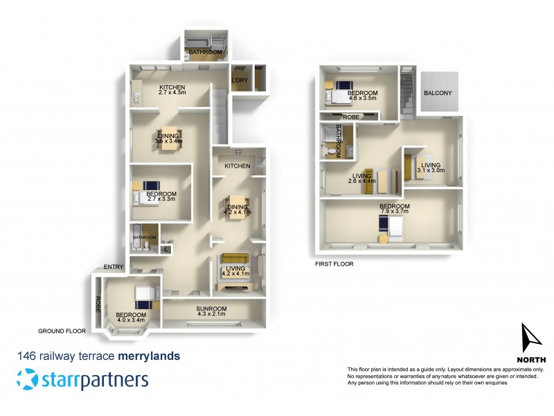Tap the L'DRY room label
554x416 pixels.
click(x=239, y=80)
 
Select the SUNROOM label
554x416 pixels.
click(x=212, y=309)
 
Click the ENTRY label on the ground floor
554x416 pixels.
click(x=114, y=266)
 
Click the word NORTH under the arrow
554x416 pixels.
click(x=531, y=359)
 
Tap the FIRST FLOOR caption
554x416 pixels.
click(x=333, y=263)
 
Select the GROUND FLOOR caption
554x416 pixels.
click(x=62, y=331)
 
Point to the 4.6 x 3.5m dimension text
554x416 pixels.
click(x=361, y=99)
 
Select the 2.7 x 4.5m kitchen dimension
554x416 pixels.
click(x=173, y=92)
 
